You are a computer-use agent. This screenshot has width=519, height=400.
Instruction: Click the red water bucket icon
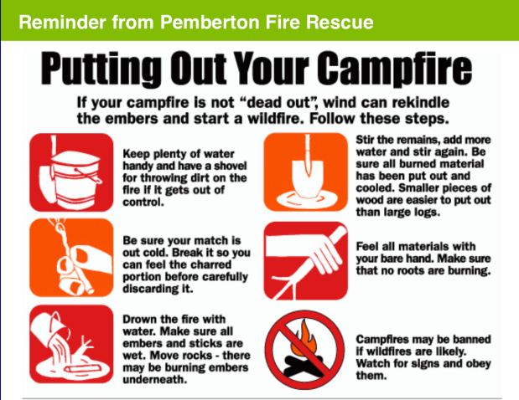coord(71,172)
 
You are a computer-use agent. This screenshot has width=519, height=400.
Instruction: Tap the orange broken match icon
coord(71,258)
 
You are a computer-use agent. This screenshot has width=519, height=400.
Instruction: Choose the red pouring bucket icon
coord(71,344)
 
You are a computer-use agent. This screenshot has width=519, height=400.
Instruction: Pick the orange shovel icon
coord(305,172)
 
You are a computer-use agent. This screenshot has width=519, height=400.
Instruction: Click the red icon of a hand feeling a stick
coord(305,260)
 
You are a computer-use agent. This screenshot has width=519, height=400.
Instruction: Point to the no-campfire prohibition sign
coord(304,350)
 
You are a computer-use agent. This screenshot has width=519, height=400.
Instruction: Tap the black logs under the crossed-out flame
coord(302,366)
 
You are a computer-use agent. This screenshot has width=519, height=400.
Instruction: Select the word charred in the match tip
coord(211,264)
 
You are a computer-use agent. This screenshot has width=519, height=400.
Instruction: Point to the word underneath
coord(155,379)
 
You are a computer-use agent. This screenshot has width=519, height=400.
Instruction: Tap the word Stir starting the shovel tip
coord(365,140)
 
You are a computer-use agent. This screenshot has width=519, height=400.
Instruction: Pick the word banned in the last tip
coord(472,339)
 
